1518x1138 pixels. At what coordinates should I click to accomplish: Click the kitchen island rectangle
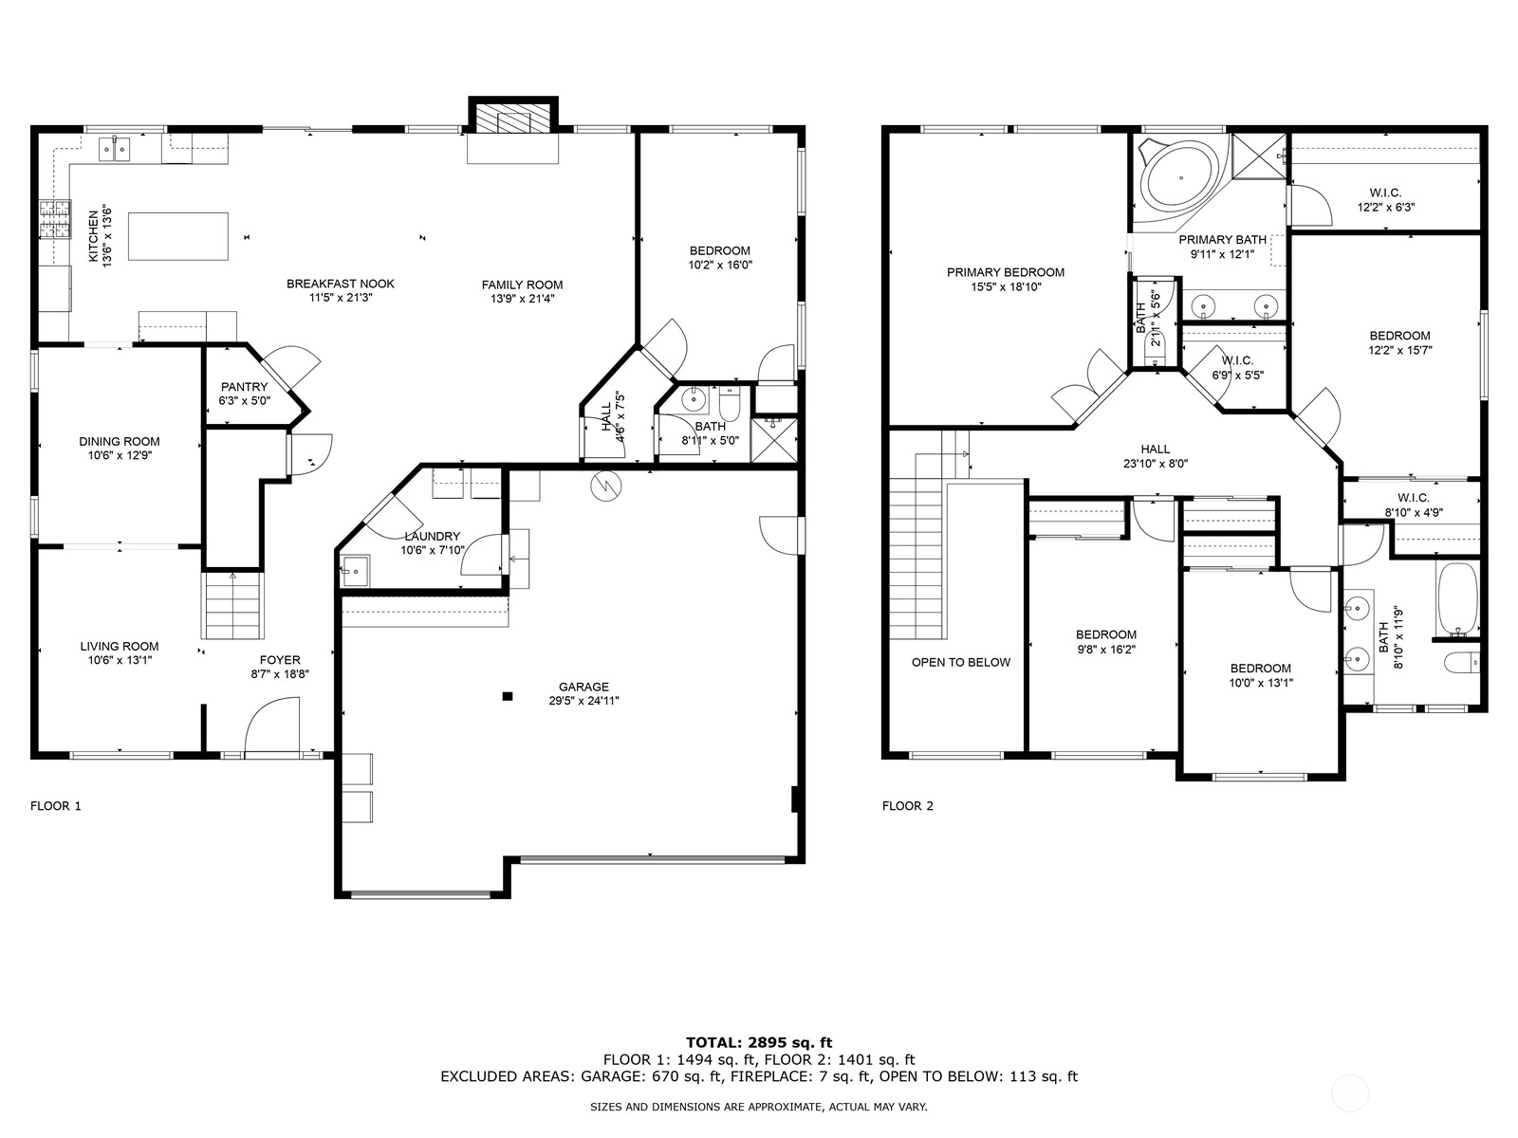tap(177, 236)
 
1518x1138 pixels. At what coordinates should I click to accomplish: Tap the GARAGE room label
tap(583, 687)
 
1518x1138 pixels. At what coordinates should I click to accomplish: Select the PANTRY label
tap(244, 387)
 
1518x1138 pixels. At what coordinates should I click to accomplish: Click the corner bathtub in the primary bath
tap(1180, 178)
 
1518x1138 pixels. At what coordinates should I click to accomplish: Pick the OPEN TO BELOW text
tap(960, 662)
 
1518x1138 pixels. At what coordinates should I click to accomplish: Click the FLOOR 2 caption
tap(907, 806)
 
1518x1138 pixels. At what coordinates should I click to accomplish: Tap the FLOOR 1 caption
tap(55, 806)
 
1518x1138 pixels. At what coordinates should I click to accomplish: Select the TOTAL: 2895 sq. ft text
tap(759, 1042)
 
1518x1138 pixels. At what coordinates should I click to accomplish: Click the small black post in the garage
tap(507, 696)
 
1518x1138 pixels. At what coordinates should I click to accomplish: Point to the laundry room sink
tap(355, 571)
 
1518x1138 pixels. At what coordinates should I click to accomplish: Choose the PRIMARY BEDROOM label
tap(1006, 272)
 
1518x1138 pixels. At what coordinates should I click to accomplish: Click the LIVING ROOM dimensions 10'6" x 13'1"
tap(120, 660)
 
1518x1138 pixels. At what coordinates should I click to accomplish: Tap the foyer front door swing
tap(272, 725)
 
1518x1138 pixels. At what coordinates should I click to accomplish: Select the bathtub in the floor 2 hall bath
tap(1458, 598)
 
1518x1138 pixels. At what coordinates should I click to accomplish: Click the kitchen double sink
tap(115, 149)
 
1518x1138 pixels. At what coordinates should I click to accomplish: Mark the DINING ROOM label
tap(119, 442)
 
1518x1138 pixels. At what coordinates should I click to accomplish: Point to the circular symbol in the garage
tap(606, 486)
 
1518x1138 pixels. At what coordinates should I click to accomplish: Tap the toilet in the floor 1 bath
tap(730, 404)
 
